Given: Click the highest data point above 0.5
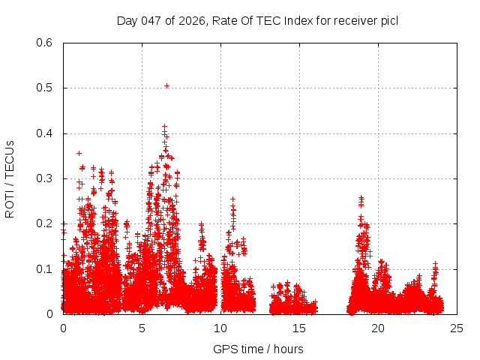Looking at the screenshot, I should (x=166, y=85).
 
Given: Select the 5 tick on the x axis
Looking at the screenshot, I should (x=142, y=328).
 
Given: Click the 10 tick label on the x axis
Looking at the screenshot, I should (x=220, y=328).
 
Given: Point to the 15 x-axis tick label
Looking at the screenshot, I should (x=299, y=328).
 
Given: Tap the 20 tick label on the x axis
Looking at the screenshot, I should (x=378, y=328).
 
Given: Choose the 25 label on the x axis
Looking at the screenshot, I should (x=457, y=328).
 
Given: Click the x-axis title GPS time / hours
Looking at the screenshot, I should (x=258, y=349).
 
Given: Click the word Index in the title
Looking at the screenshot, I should (x=285, y=20).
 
